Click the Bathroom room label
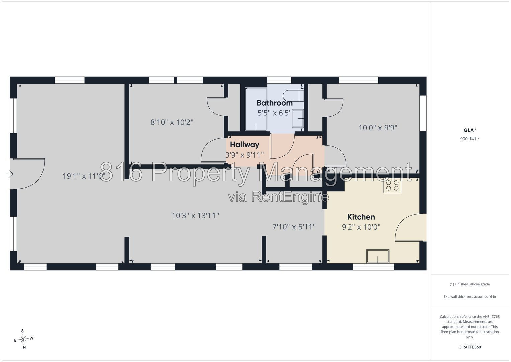tap(275, 103)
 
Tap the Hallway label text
tap(245, 145)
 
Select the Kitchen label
tap(361, 217)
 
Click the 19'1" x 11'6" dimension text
tap(84, 176)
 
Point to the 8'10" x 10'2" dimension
tap(172, 122)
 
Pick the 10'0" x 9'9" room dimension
tap(378, 128)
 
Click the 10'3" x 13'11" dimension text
tap(195, 215)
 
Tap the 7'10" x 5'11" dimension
tap(294, 227)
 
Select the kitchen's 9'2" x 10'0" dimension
tap(361, 227)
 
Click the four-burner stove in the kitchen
tap(392, 186)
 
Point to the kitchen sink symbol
tap(378, 256)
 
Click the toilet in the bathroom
tap(293, 96)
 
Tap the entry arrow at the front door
tap(10, 174)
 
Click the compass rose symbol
tap(23, 339)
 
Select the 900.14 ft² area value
tap(470, 139)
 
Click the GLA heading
tap(470, 130)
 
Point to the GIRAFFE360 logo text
tap(470, 347)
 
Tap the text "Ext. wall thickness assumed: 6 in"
tap(470, 296)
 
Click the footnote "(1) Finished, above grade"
tap(470, 284)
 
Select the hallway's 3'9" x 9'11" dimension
tap(245, 155)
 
